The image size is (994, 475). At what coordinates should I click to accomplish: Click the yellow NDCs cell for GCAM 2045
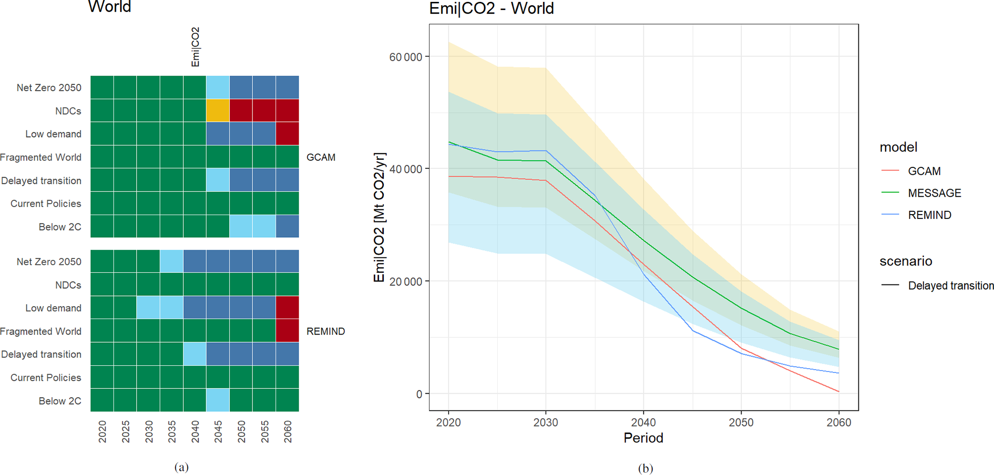tap(218, 111)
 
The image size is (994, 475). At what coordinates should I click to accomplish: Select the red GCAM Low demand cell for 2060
tap(287, 134)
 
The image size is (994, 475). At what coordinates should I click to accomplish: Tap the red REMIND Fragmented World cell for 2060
tap(287, 331)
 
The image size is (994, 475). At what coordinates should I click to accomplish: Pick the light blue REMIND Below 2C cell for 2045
tap(218, 400)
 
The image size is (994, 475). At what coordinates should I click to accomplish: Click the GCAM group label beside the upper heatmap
tap(321, 157)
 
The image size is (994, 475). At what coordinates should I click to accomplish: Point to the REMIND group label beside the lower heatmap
tap(326, 332)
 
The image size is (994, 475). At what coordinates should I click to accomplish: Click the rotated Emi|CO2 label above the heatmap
tap(195, 47)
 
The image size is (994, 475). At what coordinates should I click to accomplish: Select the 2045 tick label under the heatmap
tap(218, 431)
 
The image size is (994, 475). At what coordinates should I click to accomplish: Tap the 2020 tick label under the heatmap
tap(102, 431)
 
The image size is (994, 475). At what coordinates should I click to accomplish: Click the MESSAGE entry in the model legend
tap(934, 193)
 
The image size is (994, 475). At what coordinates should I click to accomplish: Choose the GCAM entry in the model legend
tap(924, 171)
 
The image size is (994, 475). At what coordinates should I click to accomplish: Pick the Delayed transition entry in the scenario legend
tap(950, 285)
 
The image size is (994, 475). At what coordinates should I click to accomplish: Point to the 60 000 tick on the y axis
tap(405, 57)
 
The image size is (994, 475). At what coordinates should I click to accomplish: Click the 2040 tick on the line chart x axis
tap(643, 423)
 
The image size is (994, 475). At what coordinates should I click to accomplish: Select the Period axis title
tap(643, 438)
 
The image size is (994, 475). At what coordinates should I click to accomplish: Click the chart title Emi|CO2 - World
tap(491, 9)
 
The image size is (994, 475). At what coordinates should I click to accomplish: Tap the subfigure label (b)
tap(645, 468)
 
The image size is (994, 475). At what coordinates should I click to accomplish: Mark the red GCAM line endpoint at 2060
tap(839, 392)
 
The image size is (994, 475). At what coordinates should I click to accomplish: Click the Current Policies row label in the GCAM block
tap(46, 204)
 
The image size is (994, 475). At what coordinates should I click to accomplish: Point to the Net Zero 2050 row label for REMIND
tap(49, 262)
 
